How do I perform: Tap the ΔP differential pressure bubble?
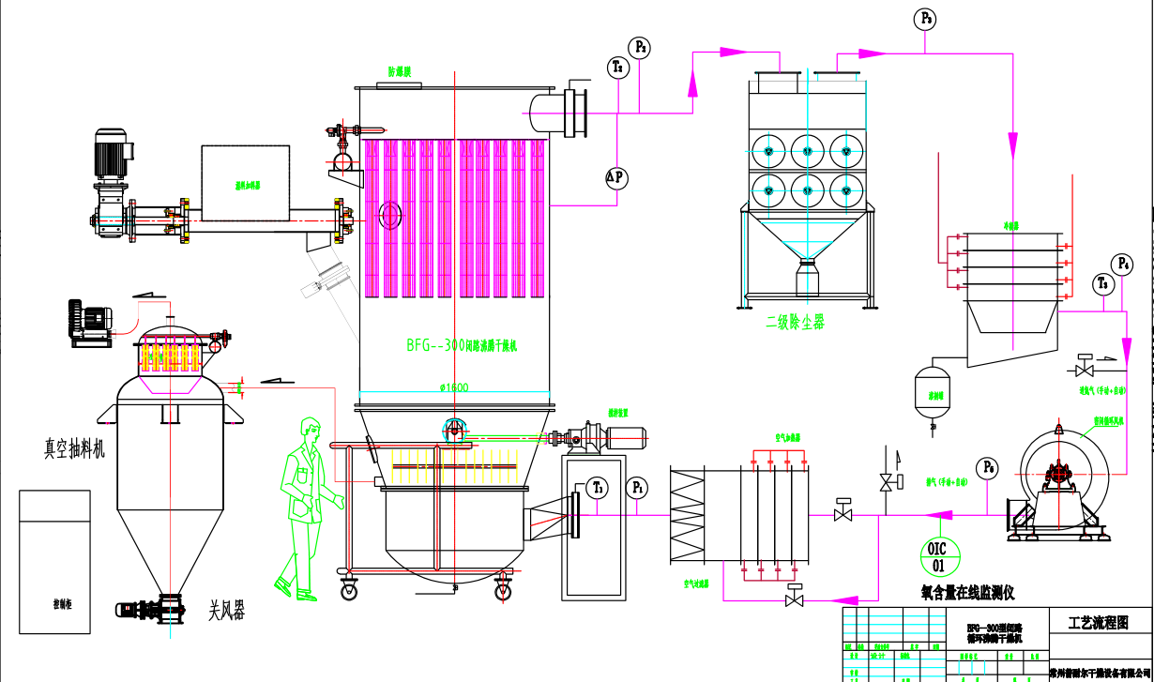(x=615, y=178)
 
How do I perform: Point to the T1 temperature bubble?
(x=598, y=488)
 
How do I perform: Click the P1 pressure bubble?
(x=639, y=488)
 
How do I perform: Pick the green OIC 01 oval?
(x=938, y=556)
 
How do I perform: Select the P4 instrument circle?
(x=1123, y=265)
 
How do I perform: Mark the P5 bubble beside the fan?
(x=987, y=466)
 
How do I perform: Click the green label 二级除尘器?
(x=796, y=322)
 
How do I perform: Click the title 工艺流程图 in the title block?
(x=1098, y=622)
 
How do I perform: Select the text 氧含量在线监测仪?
(x=967, y=592)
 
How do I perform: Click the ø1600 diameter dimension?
(x=453, y=386)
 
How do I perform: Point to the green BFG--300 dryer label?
(x=462, y=345)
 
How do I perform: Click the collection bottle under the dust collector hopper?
(x=808, y=281)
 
